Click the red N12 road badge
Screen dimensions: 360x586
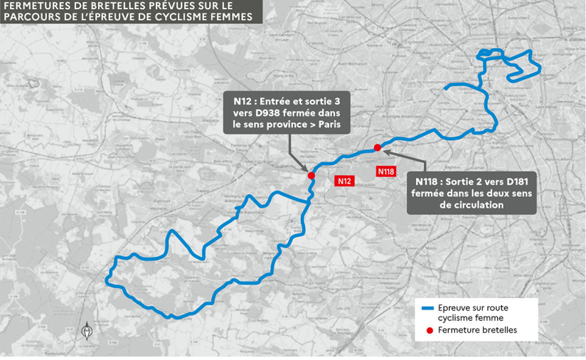345,181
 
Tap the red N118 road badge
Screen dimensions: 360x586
386,171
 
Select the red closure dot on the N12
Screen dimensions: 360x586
311,175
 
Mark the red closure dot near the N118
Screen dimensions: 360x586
377,147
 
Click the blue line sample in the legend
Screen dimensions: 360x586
427,308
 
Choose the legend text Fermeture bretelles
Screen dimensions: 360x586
477,330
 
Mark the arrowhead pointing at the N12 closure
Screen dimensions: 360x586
309,168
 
